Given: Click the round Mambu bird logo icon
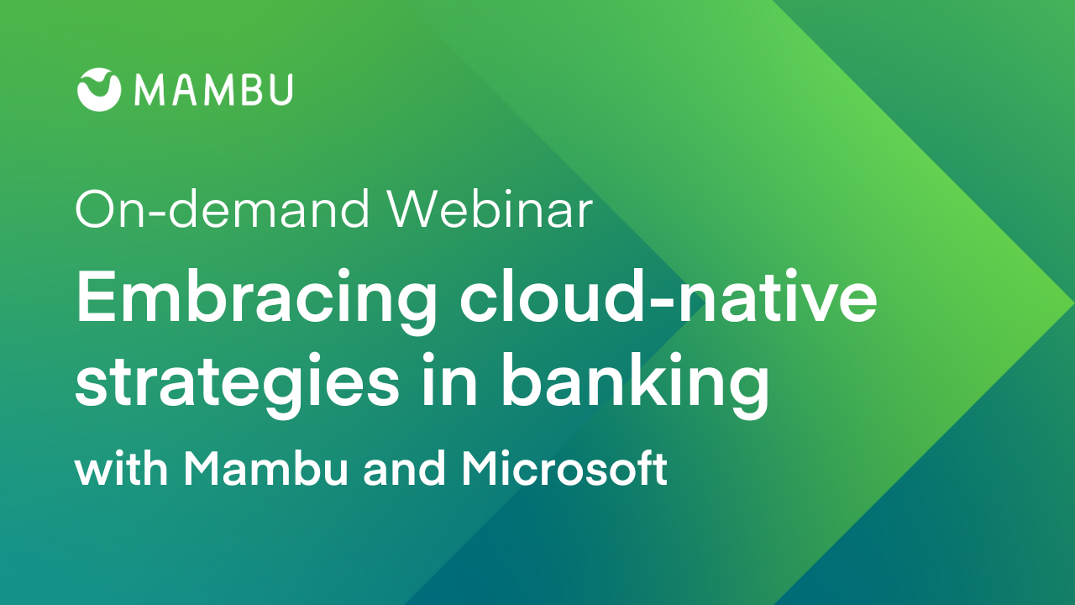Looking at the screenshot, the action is [x=99, y=90].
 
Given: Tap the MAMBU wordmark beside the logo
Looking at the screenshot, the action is [x=213, y=90].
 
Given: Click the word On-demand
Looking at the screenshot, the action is [x=223, y=209].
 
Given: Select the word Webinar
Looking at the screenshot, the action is [x=490, y=209].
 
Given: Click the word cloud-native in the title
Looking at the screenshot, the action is [x=669, y=297].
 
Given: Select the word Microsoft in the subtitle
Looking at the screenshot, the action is [x=564, y=468].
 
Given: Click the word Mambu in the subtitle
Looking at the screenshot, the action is [x=265, y=468].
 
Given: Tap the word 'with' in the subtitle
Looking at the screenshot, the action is [x=121, y=468].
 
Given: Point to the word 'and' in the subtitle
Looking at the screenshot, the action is [x=404, y=468].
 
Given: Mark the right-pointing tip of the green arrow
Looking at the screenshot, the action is [x=1073, y=303].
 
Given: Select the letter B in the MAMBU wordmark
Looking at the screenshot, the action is [x=249, y=90].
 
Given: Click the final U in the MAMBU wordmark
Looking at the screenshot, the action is [x=281, y=90].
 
